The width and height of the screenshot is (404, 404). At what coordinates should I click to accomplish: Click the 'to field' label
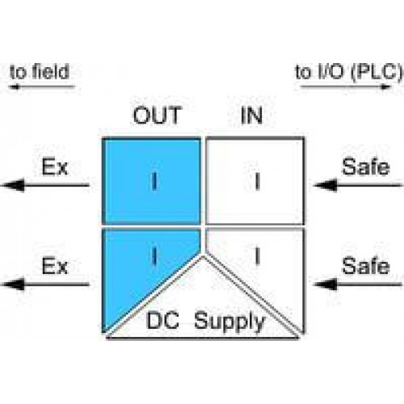tap(40, 72)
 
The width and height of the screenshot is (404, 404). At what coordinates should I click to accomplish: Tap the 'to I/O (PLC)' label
tap(349, 72)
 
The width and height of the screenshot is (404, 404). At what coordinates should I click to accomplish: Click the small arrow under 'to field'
tap(41, 86)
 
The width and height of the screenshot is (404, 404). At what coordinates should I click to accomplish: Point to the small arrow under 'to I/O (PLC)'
tap(346, 86)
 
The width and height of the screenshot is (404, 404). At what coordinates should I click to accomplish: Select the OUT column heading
tap(158, 116)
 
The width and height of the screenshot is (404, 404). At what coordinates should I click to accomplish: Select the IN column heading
tap(251, 116)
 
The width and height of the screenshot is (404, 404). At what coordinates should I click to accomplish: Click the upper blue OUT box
tap(152, 181)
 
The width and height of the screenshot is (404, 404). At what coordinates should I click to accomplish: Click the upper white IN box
tap(255, 181)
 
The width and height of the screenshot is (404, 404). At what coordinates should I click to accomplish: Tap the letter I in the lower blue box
tap(154, 256)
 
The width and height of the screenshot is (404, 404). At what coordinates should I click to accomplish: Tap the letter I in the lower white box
tap(257, 256)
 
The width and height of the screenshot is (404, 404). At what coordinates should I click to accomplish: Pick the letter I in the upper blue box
tap(154, 182)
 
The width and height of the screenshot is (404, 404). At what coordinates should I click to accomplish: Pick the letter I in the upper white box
tap(257, 181)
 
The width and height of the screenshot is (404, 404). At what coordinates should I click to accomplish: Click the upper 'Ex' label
tap(55, 167)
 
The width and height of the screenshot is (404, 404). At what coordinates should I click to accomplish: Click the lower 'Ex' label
tap(55, 266)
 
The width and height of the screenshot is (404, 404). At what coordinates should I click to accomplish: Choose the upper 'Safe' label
tap(366, 167)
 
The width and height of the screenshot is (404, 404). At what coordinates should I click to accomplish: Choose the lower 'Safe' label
tap(366, 266)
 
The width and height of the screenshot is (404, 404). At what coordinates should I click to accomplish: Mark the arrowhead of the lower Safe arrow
tap(326, 284)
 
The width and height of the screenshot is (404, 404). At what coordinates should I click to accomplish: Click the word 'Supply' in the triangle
tap(229, 322)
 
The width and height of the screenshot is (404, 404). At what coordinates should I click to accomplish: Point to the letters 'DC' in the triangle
tap(162, 321)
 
